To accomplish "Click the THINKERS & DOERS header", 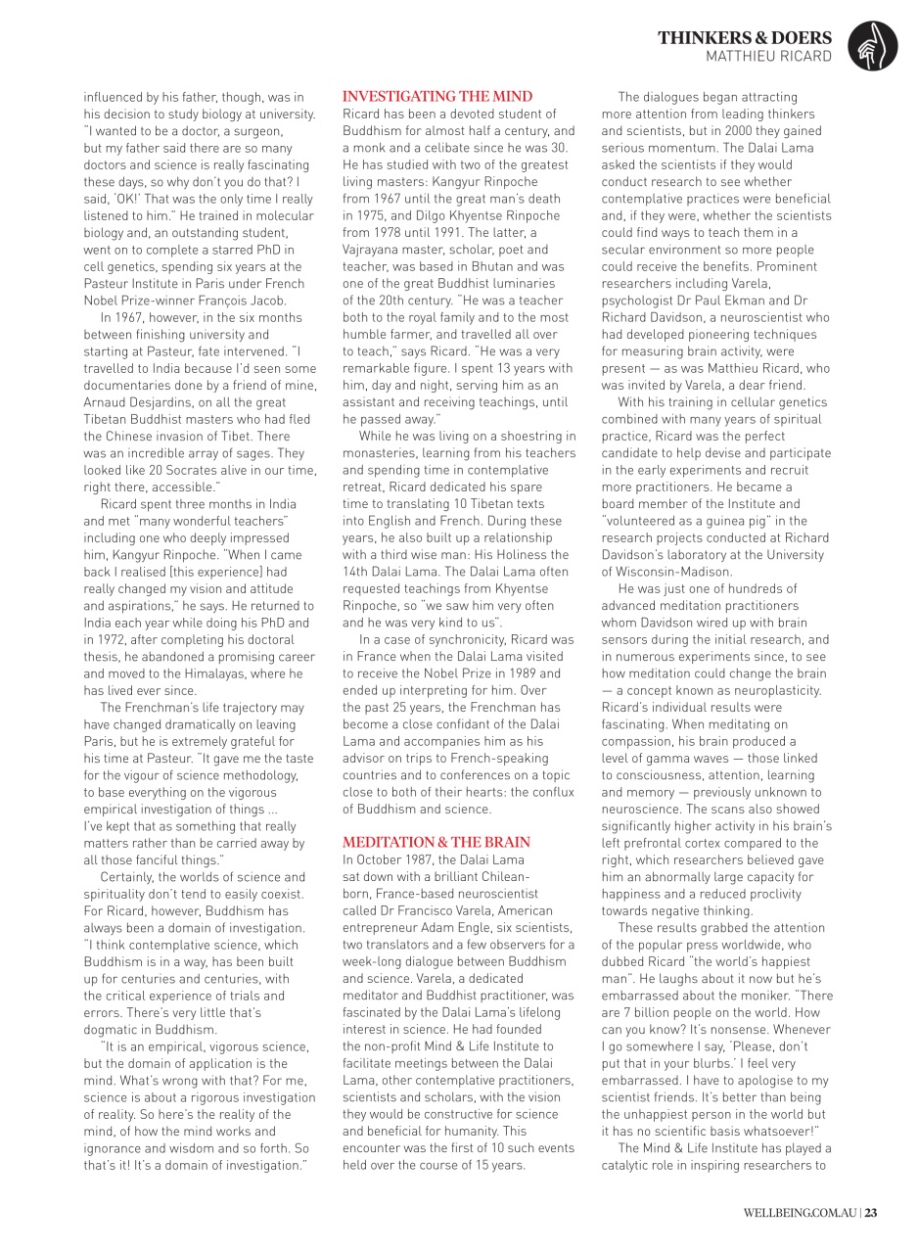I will (x=745, y=38).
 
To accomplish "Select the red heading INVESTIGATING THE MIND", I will (x=437, y=96).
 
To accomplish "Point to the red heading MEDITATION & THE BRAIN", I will (x=436, y=842).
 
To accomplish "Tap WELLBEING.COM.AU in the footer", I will (x=800, y=1214).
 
